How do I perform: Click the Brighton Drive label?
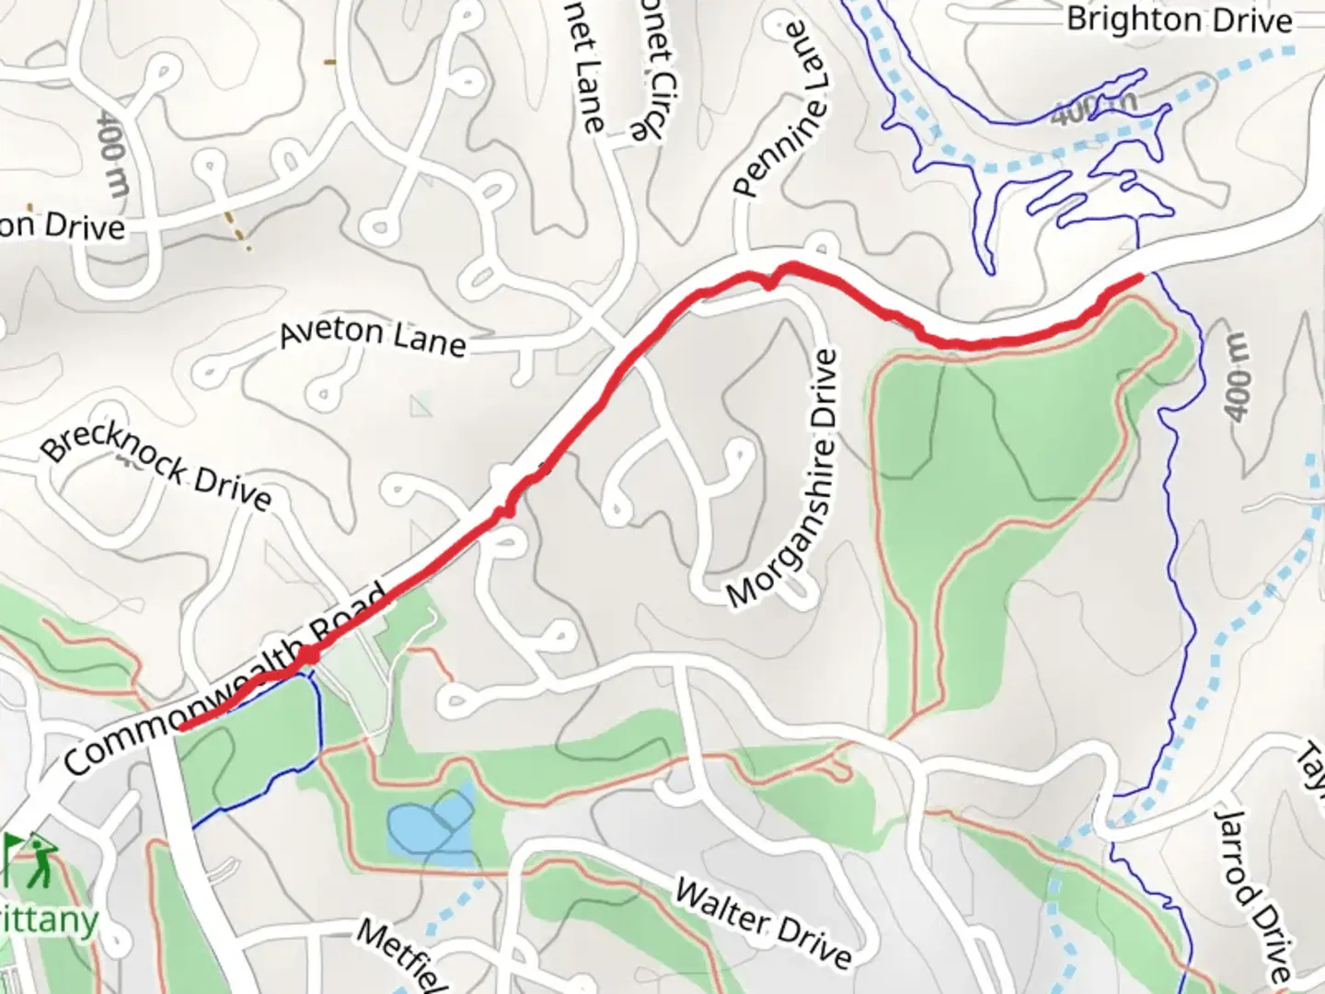click(1180, 20)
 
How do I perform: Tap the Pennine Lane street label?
click(782, 110)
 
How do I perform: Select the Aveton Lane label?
click(373, 336)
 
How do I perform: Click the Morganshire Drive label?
click(784, 479)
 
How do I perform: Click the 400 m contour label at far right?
click(1239, 375)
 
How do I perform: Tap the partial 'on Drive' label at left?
click(61, 225)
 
